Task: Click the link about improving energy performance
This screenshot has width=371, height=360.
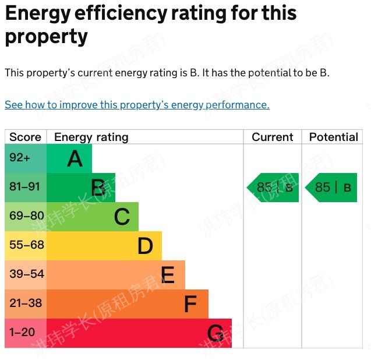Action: pyautogui.click(x=137, y=105)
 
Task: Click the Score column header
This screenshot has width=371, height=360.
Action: pyautogui.click(x=26, y=137)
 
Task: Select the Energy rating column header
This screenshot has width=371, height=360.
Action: pyautogui.click(x=91, y=137)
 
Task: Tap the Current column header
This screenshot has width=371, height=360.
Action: pyautogui.click(x=272, y=137)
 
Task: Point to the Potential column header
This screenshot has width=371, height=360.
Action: pyautogui.click(x=333, y=137)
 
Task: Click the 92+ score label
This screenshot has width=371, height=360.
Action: pyautogui.click(x=20, y=158)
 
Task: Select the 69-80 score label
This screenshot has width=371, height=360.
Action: pyautogui.click(x=26, y=216)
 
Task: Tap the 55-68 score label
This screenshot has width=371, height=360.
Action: pyautogui.click(x=26, y=245)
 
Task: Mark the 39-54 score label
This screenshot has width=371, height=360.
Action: pyautogui.click(x=26, y=274)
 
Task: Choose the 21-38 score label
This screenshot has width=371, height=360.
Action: pyautogui.click(x=26, y=303)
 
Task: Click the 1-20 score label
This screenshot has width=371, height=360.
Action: pyautogui.click(x=22, y=333)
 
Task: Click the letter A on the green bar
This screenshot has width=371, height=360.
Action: pyautogui.click(x=75, y=158)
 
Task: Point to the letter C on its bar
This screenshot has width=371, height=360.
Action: pyautogui.click(x=121, y=217)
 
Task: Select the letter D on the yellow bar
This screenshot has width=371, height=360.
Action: pyautogui.click(x=145, y=246)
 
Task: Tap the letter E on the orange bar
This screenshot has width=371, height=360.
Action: pyautogui.click(x=168, y=275)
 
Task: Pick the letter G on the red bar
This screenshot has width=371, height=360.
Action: pyautogui.click(x=215, y=334)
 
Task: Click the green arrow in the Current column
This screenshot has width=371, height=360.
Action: pyautogui.click(x=273, y=188)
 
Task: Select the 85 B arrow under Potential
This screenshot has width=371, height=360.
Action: pyautogui.click(x=331, y=188)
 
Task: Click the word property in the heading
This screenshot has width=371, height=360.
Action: pyautogui.click(x=47, y=36)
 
